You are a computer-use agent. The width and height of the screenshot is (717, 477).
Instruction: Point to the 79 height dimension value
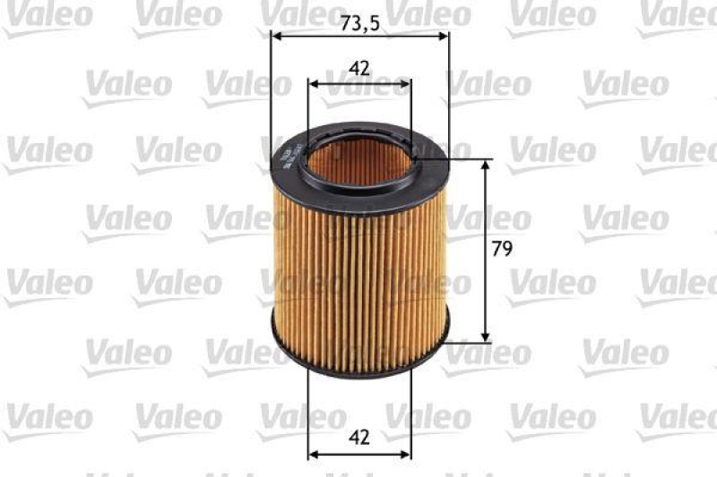click(502, 251)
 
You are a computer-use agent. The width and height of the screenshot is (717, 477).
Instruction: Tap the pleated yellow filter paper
click(358, 286)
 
